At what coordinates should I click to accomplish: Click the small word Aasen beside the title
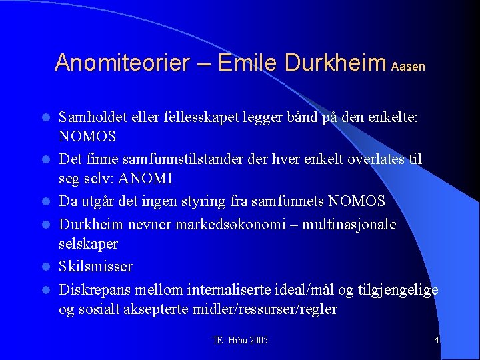408,67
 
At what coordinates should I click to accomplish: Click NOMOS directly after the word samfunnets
357,201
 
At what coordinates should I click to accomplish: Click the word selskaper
88,244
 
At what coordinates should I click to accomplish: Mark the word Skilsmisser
95,267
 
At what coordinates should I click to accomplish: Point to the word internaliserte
223,289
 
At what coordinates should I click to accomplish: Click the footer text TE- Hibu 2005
240,340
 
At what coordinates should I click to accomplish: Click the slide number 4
436,340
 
